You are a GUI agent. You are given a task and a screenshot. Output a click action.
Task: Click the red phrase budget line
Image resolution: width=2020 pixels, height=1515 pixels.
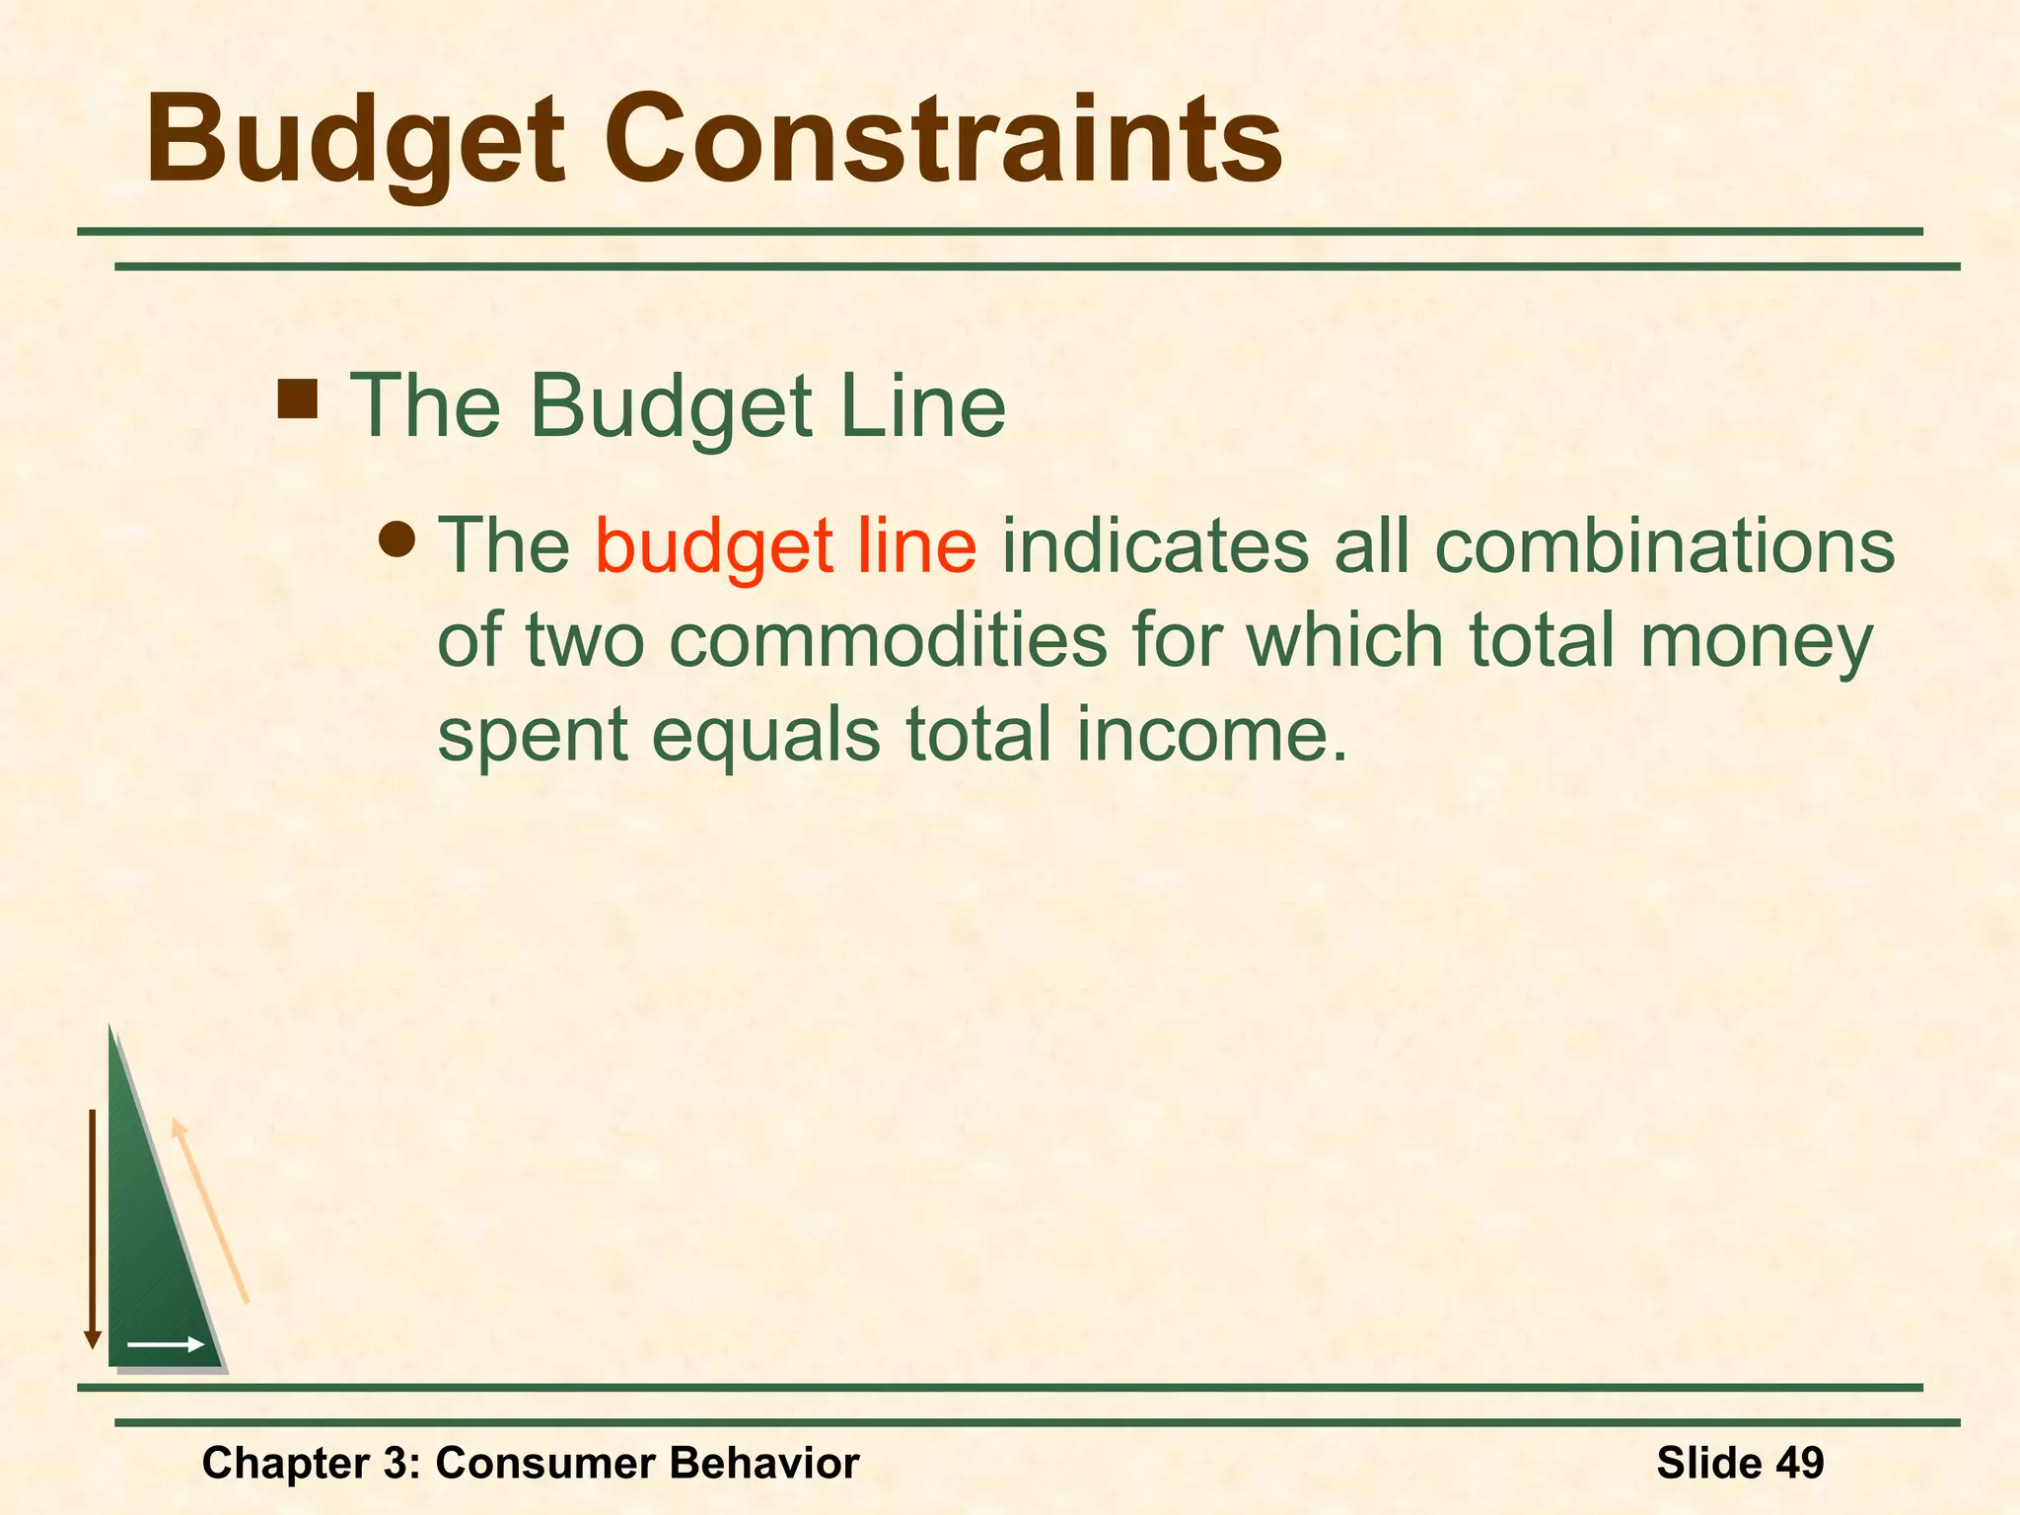coord(785,545)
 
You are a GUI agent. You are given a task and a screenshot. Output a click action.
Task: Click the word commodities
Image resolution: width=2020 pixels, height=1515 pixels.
coord(888,641)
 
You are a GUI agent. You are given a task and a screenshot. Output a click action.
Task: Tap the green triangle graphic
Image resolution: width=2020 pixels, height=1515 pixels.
coord(153,1253)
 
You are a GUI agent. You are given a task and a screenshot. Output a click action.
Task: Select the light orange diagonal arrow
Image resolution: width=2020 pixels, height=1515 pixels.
coord(209,1211)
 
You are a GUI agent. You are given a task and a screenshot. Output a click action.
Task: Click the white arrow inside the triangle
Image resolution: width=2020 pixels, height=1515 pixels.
coord(166,1344)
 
